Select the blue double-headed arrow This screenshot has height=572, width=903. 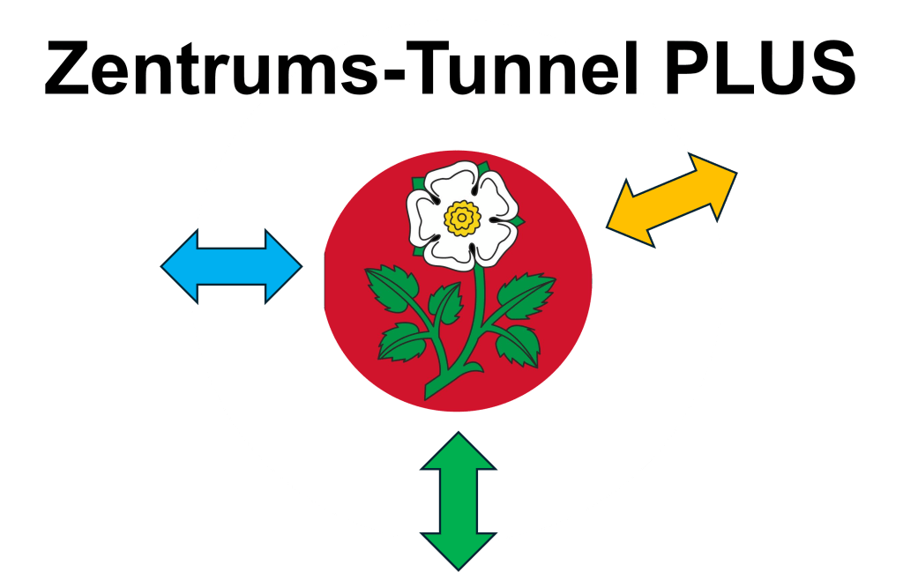pos(231,266)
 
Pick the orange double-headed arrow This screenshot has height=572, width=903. pos(672,200)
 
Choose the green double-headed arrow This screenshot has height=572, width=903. pos(459,501)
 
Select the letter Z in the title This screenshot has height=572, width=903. pos(70,69)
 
